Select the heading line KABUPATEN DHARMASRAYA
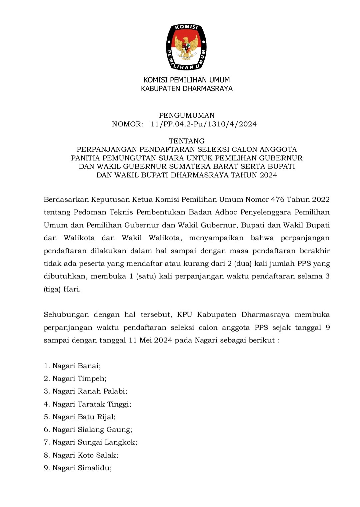pyautogui.click(x=187, y=89)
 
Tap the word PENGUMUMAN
pyautogui.click(x=187, y=115)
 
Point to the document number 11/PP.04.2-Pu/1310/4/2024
pyautogui.click(x=204, y=124)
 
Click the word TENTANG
pyautogui.click(x=187, y=141)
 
